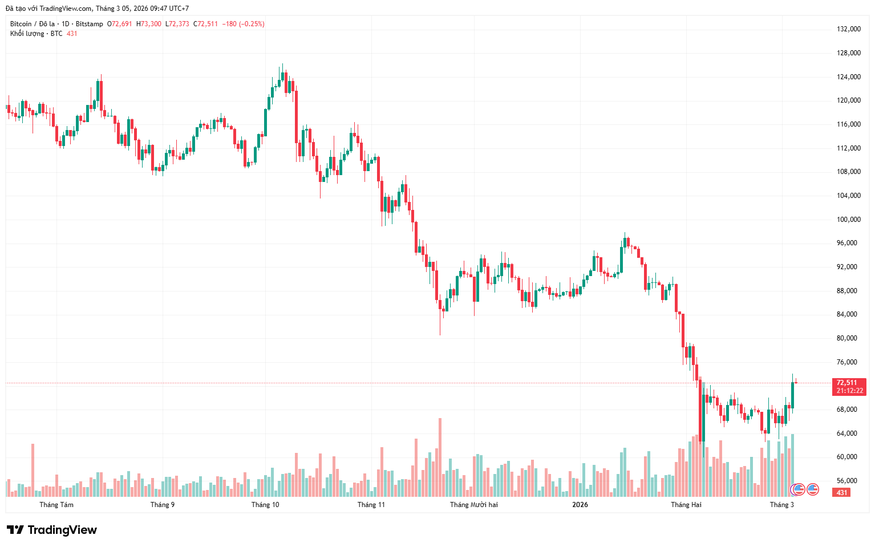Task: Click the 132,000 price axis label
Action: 848,29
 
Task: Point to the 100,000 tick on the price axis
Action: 848,220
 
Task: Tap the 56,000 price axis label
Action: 848,481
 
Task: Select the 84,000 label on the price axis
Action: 848,314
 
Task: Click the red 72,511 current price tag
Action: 847,383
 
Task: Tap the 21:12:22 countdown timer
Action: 849,391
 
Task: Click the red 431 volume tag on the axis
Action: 842,492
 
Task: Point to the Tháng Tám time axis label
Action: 56,505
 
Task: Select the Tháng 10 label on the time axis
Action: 265,505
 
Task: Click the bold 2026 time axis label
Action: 580,505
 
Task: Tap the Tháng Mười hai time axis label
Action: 473,505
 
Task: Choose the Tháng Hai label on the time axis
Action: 686,505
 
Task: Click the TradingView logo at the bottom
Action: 52,530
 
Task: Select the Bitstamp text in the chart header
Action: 90,24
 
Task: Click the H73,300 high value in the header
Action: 149,24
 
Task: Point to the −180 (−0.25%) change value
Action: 243,24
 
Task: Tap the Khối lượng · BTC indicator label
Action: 36,34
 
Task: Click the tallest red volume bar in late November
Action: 440,456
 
